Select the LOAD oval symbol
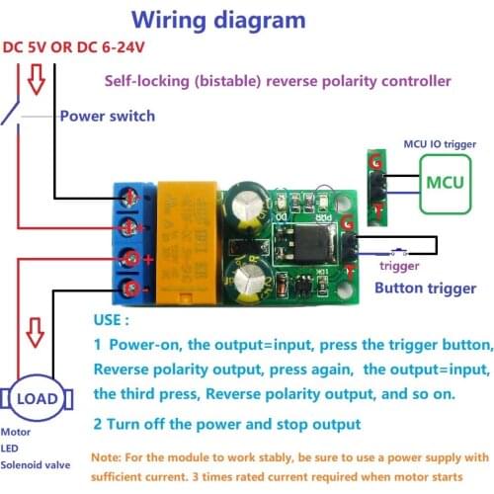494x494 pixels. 41,398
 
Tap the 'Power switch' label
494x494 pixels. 107,116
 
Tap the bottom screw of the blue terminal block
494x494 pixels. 130,289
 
